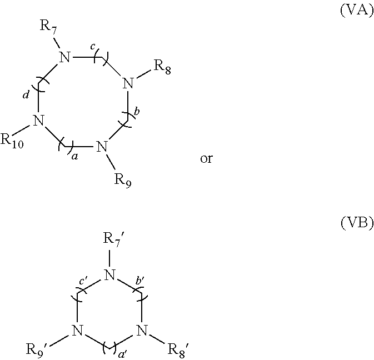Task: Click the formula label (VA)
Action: pyautogui.click(x=356, y=11)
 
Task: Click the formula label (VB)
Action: pyautogui.click(x=356, y=223)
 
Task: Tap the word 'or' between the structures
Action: pyautogui.click(x=206, y=159)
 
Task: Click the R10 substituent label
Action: pyautogui.click(x=12, y=140)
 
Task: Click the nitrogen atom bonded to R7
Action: pyautogui.click(x=65, y=57)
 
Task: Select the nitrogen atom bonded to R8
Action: pyautogui.click(x=128, y=84)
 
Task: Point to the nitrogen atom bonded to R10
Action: pyautogui.click(x=38, y=120)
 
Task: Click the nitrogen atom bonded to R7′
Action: pyautogui.click(x=111, y=274)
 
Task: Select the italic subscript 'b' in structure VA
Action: pyautogui.click(x=137, y=112)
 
